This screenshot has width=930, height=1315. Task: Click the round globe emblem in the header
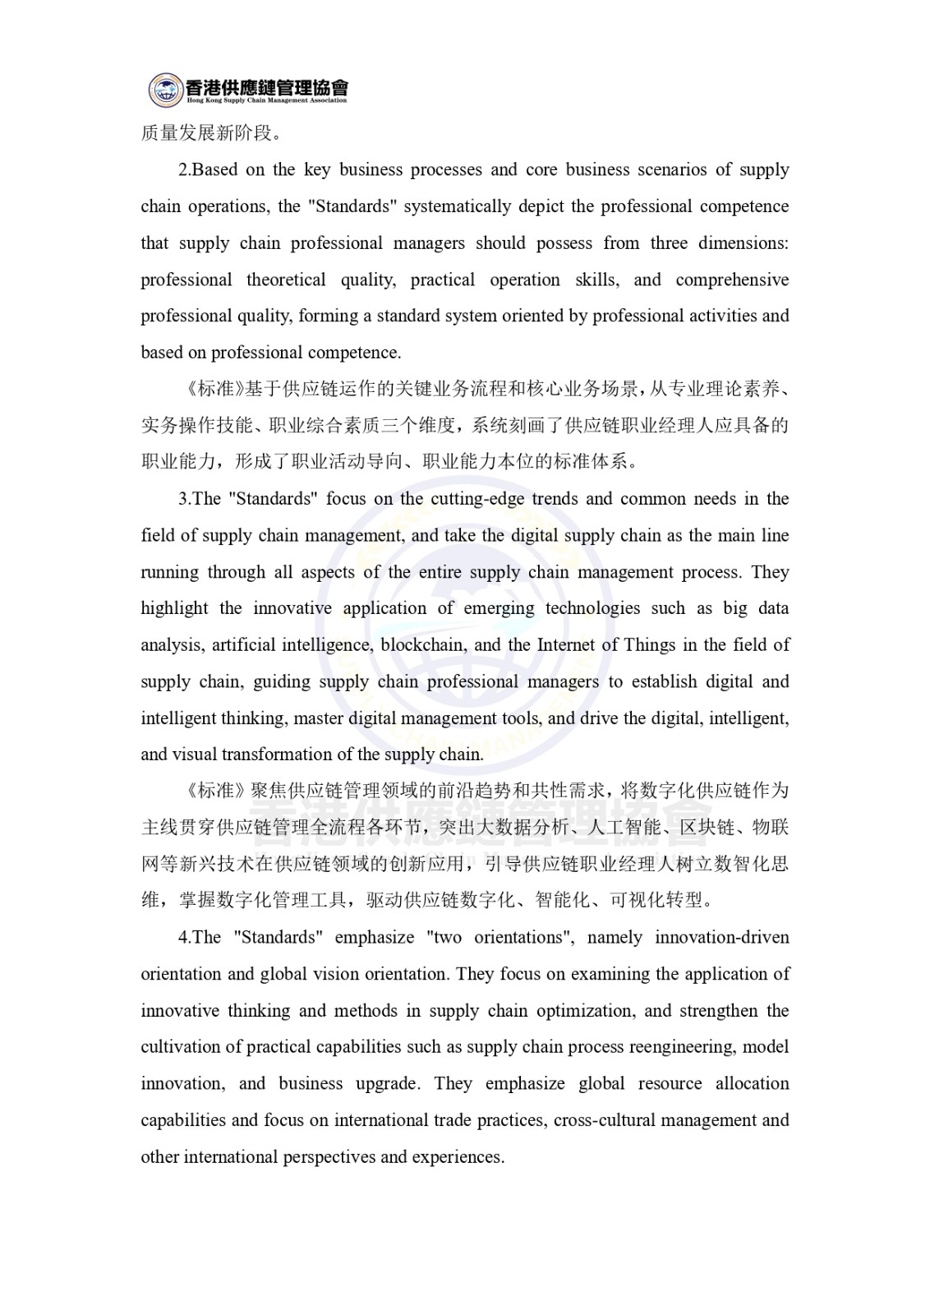click(165, 90)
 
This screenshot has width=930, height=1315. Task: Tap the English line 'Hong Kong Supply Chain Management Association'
click(266, 100)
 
